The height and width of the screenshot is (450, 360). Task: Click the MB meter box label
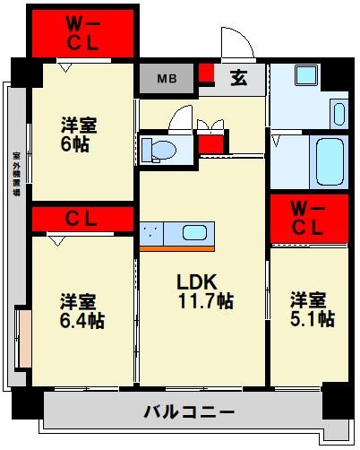[167, 78]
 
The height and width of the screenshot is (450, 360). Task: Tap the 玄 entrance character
[239, 78]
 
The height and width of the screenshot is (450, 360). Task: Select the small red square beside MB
[207, 74]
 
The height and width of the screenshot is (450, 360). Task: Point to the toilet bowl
[158, 149]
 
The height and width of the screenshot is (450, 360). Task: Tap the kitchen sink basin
[195, 233]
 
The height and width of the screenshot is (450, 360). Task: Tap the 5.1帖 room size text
[312, 318]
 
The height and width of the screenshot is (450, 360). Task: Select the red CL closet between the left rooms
[81, 218]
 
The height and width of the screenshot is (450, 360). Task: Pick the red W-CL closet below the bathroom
[307, 218]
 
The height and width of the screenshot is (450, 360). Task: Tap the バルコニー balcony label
[188, 413]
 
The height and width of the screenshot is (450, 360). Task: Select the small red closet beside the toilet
[210, 143]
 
